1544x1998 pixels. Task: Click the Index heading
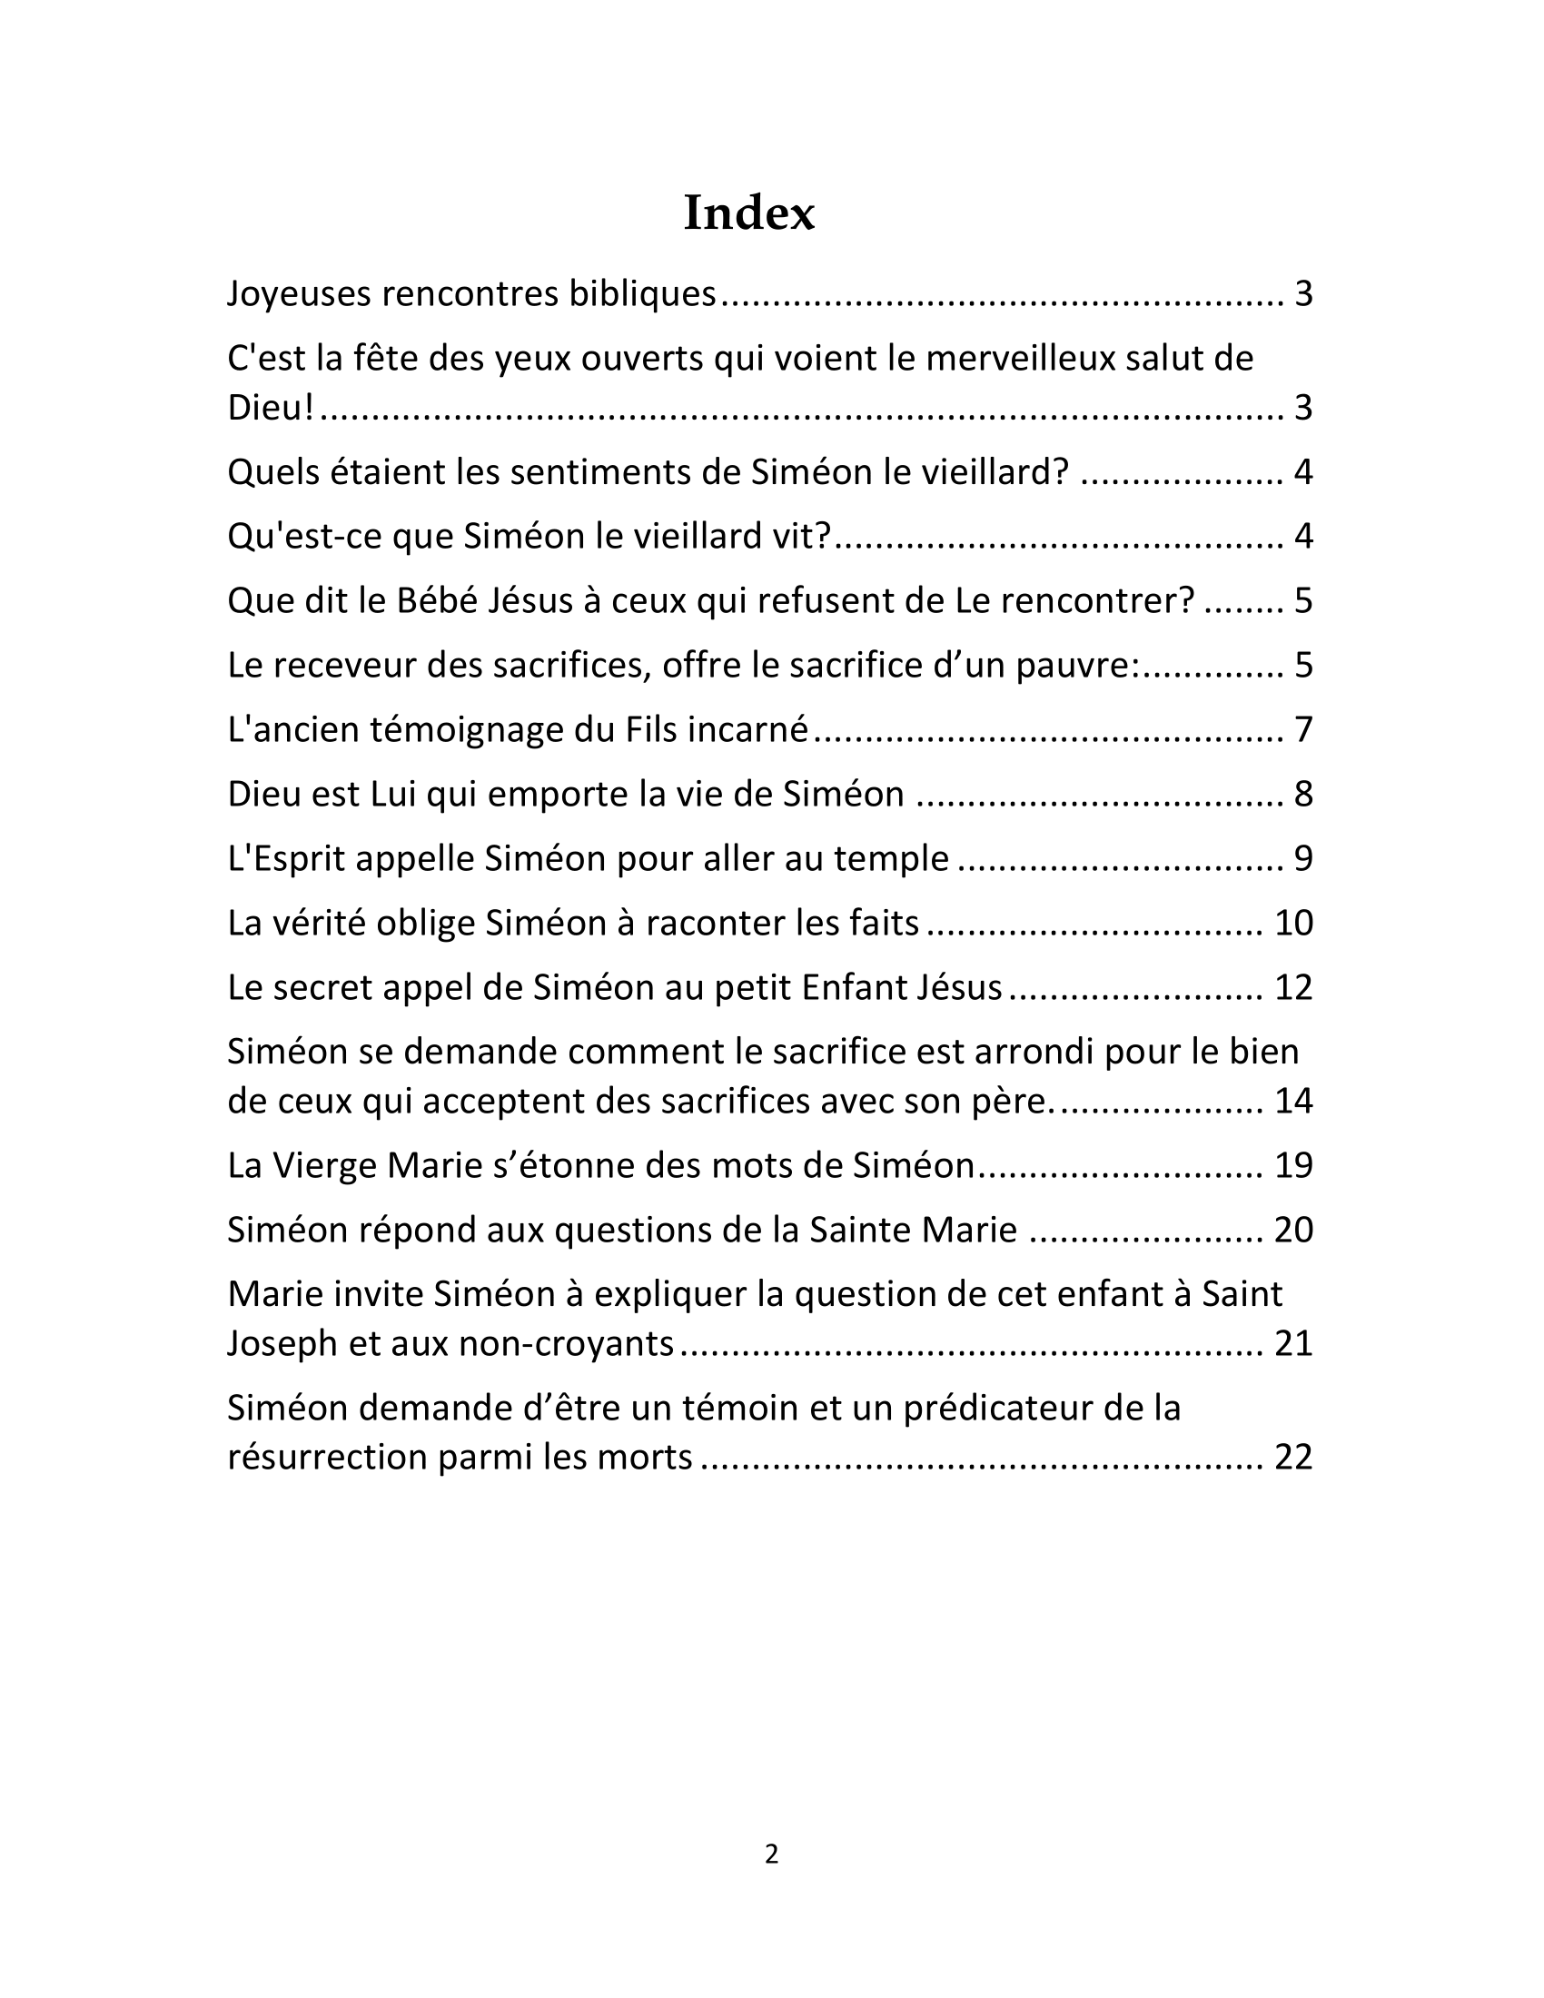pos(748,213)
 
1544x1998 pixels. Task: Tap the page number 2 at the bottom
pos(771,1854)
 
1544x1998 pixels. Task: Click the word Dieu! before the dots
pos(270,407)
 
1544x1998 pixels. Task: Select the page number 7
pos(1302,730)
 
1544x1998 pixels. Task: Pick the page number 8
pos(1302,794)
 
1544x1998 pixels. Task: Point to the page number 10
pos(1293,923)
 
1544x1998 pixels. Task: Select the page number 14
pos(1293,1101)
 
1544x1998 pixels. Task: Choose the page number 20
pos(1293,1230)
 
